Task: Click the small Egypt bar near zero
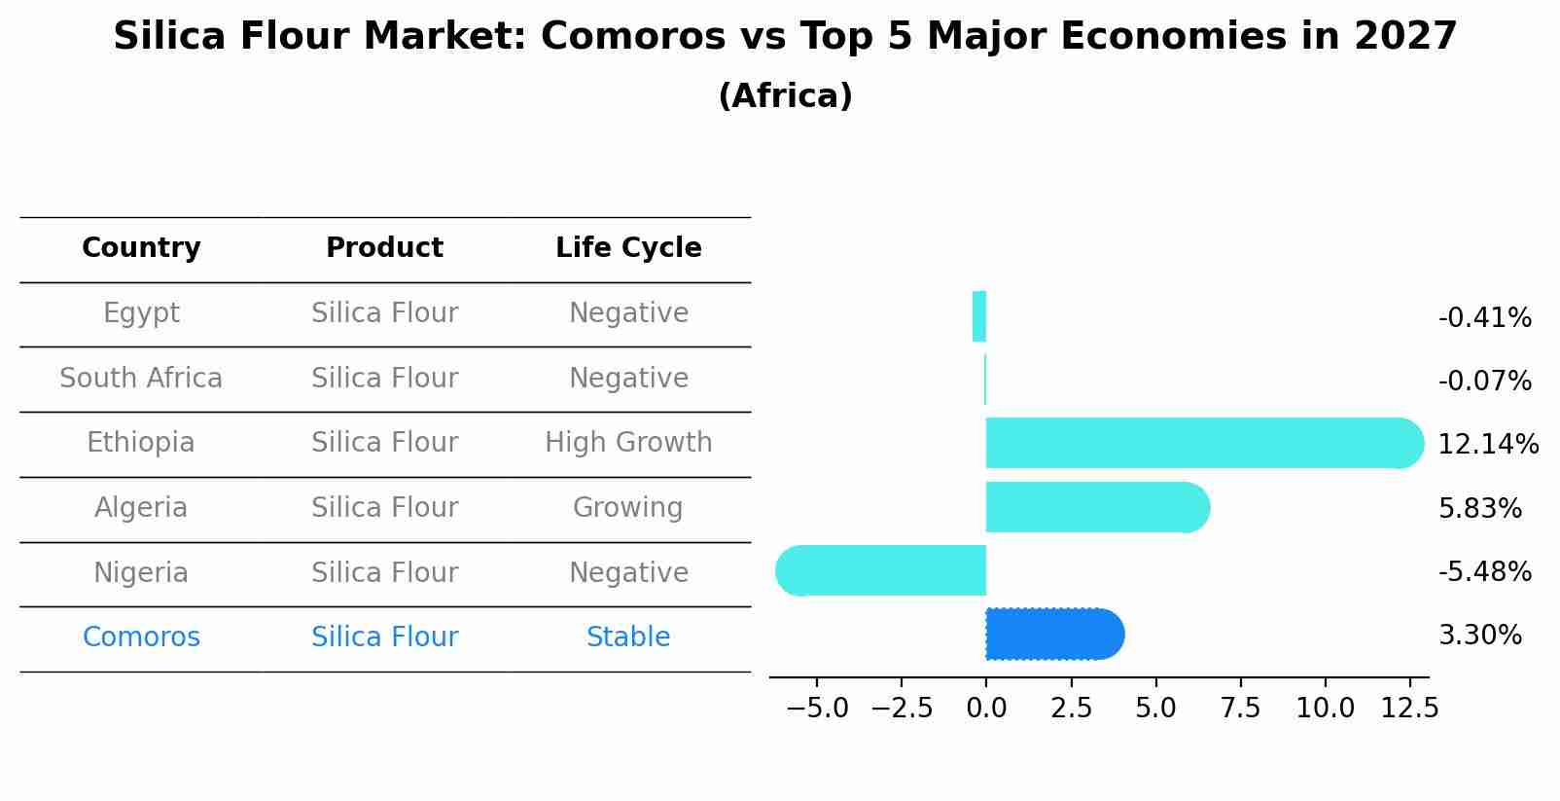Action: (979, 316)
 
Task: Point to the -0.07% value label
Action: (1484, 382)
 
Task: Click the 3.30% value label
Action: (1479, 636)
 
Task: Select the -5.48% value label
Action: (1484, 572)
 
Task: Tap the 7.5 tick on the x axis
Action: (1240, 709)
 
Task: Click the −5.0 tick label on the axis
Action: (817, 709)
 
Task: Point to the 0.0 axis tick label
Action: (986, 709)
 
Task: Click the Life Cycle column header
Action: (628, 248)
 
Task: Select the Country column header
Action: (141, 248)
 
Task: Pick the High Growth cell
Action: (628, 443)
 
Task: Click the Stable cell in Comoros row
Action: (628, 637)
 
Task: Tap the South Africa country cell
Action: (141, 379)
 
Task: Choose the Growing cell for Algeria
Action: (628, 508)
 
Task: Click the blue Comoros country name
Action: (141, 637)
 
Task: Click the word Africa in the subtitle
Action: (785, 96)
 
